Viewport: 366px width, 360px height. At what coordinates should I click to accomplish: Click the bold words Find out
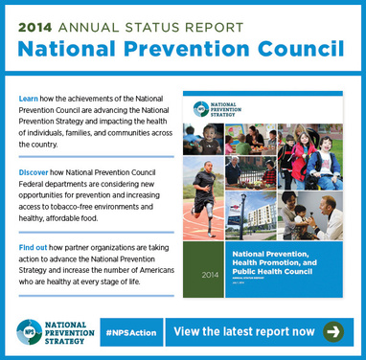click(x=37, y=248)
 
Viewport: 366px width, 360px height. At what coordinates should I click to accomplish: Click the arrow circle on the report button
click(x=333, y=331)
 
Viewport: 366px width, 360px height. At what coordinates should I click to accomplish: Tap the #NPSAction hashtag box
click(x=129, y=332)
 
